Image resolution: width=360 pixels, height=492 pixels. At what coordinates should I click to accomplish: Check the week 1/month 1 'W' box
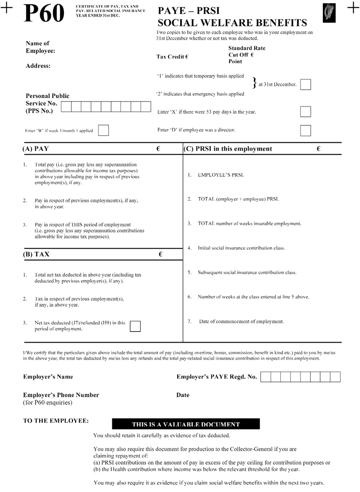[x=103, y=130]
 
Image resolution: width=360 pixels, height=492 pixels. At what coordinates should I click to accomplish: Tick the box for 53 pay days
[x=305, y=111]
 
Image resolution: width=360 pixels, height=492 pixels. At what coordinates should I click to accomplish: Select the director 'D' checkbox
[x=305, y=130]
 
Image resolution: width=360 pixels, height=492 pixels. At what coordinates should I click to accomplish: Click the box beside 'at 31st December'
[x=305, y=85]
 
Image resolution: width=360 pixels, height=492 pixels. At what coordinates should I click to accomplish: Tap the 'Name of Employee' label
[x=40, y=47]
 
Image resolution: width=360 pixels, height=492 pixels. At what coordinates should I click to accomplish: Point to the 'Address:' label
[x=38, y=65]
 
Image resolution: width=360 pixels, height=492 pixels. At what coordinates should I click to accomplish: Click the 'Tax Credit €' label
[x=172, y=57]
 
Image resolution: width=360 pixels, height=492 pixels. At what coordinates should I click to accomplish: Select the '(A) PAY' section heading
[x=38, y=149]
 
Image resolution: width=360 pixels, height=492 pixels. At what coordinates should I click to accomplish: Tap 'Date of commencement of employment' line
[x=241, y=322]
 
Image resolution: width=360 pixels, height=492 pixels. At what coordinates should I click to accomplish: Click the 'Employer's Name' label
[x=48, y=377]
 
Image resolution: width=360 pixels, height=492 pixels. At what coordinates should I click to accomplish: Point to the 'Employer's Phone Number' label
[x=61, y=395]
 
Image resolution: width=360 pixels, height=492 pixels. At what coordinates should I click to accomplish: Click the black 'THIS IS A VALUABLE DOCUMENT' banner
[x=186, y=424]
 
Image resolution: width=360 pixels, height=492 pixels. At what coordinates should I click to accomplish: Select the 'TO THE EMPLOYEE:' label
[x=56, y=421]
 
